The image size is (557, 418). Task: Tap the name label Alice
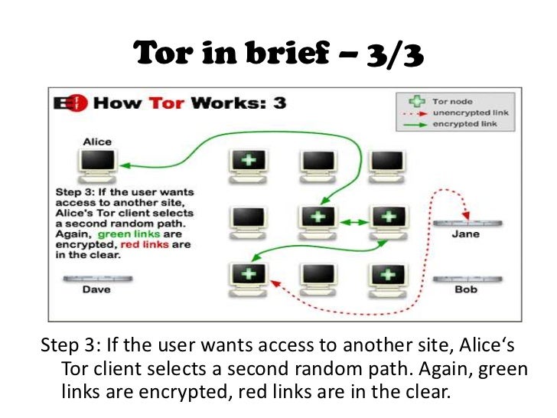coord(97,142)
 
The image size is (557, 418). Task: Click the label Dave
coord(96,289)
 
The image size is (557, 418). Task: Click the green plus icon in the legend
coord(417,101)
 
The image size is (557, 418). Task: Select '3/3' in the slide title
coord(396,53)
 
